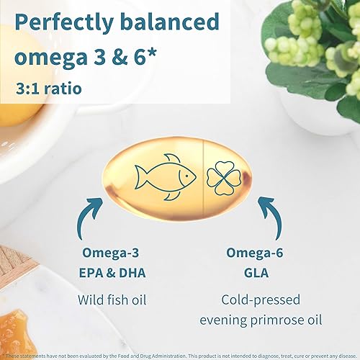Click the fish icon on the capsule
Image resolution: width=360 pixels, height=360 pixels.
(x=164, y=175)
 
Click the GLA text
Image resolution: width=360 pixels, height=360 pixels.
(x=256, y=273)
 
